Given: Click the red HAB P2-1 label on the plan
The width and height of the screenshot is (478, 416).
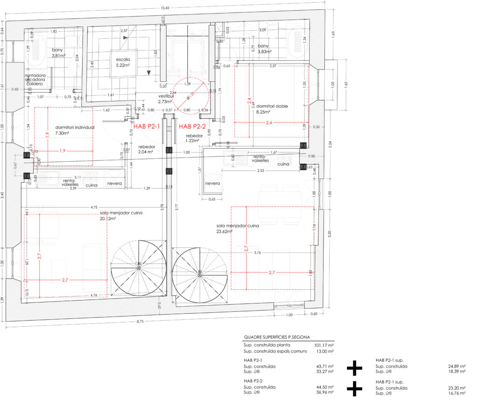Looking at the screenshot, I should tap(147, 126).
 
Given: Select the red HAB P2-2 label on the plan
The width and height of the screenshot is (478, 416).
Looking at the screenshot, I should tap(192, 126).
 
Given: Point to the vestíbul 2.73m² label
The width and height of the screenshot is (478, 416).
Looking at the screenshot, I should tap(166, 99).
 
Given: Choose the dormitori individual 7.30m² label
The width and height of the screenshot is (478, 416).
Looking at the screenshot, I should tap(75, 130).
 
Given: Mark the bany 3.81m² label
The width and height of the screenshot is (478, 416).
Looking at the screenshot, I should tap(60, 53).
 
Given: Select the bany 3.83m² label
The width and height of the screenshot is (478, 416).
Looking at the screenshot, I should tap(263, 49).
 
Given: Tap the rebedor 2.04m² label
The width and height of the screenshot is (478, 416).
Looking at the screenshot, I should tap(146, 149).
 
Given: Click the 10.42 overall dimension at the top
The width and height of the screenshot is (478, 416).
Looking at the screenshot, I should tap(164, 8).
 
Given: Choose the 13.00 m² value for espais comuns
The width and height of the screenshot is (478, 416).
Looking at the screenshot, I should tap(325, 351).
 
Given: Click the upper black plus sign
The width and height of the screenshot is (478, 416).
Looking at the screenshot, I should tap(354, 368).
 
